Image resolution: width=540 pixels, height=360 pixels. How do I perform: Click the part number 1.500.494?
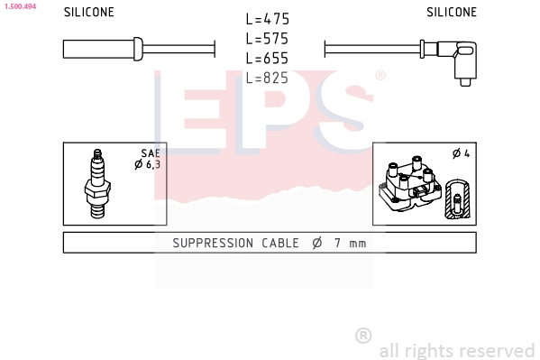(19, 5)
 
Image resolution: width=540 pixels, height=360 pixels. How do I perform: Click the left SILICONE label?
(88, 13)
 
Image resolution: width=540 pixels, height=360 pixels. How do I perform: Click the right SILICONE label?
(452, 13)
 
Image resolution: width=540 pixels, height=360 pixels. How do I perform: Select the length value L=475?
(268, 19)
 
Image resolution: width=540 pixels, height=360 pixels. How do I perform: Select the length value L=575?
(268, 39)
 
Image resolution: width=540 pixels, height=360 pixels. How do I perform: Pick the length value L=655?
(268, 59)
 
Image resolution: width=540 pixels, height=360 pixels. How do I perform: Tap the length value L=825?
(268, 78)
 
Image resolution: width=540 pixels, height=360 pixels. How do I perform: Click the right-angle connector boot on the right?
(464, 60)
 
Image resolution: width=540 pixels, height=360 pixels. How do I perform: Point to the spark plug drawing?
(97, 183)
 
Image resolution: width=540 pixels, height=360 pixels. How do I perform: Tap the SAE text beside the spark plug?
(150, 154)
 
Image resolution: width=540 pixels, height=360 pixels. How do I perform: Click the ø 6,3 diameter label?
(147, 164)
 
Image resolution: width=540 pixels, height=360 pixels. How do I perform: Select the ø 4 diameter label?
(461, 153)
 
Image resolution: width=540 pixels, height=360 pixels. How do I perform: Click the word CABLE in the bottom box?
(281, 243)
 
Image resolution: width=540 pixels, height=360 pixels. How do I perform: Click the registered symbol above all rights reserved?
(363, 336)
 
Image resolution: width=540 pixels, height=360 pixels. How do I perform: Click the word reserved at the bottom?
(499, 350)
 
